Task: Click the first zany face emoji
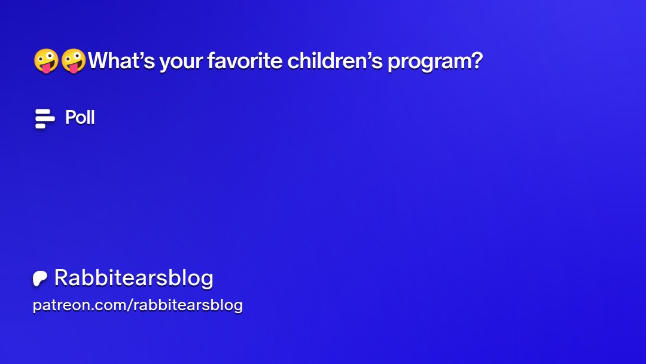45,62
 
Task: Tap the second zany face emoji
74,62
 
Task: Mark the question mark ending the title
476,61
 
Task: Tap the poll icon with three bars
44,118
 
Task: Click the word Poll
80,118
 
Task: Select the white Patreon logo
40,279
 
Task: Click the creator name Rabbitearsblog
133,278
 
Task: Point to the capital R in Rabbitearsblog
60,278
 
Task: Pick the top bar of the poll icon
42,111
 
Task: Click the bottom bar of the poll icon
41,126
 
